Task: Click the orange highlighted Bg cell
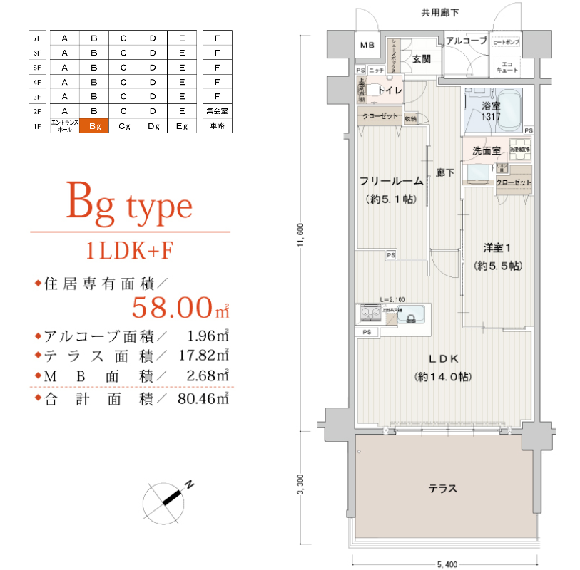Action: coord(94,126)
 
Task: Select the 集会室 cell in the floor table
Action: coord(217,111)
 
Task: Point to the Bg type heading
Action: coord(129,205)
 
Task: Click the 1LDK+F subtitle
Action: coord(129,251)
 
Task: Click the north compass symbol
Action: coord(168,500)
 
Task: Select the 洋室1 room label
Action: coord(497,248)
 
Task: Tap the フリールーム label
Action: coord(391,181)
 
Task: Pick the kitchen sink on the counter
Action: coord(412,314)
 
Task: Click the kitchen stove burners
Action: coord(370,313)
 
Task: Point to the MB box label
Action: coord(367,46)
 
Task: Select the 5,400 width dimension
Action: coord(446,564)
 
